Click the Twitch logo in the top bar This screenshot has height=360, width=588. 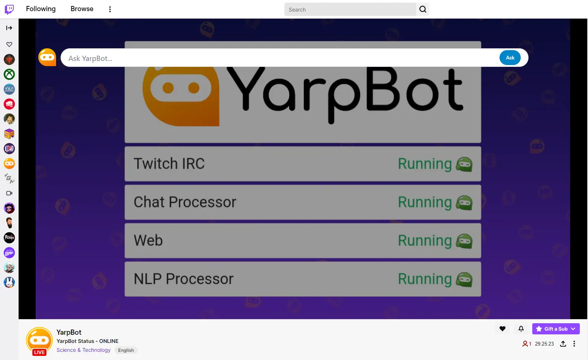click(9, 9)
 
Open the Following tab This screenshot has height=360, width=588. click(41, 9)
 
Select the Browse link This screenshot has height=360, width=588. click(82, 9)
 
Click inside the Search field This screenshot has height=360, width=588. click(350, 9)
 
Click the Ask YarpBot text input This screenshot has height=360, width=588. click(280, 58)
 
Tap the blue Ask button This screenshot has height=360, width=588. click(510, 58)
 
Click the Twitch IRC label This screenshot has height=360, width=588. click(169, 163)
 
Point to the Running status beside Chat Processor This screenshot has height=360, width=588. click(424, 202)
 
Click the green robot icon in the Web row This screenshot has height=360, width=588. click(464, 241)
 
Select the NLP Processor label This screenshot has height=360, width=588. click(183, 279)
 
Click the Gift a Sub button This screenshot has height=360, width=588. click(556, 329)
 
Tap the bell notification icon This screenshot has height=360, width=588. click(521, 329)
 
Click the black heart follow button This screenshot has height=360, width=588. click(502, 329)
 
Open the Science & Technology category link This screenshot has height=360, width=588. click(84, 350)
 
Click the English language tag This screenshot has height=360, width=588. click(126, 350)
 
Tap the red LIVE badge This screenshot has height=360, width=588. click(39, 352)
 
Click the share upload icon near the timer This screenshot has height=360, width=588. click(563, 344)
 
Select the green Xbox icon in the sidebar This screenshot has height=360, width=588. click(9, 74)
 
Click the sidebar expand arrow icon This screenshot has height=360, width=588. click(9, 28)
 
